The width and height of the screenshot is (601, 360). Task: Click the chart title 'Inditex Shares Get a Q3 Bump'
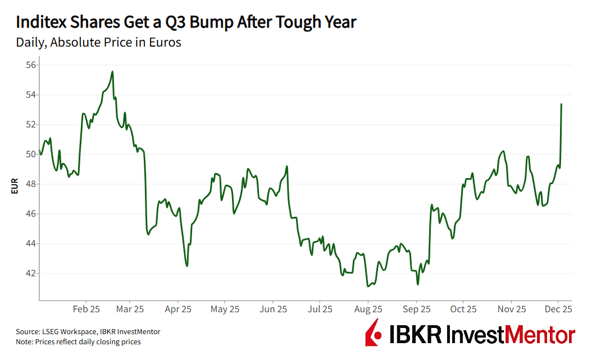click(x=186, y=22)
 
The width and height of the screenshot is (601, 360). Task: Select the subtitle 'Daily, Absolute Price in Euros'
click(x=98, y=42)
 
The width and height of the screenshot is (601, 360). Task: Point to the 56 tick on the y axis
click(x=31, y=65)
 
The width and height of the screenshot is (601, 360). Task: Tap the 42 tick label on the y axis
click(x=31, y=274)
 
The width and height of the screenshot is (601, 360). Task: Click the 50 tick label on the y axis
click(x=31, y=154)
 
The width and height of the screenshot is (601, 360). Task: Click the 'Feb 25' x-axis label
click(x=86, y=309)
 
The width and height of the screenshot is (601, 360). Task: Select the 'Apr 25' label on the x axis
click(x=179, y=309)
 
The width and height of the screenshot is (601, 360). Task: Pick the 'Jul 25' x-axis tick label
click(x=321, y=309)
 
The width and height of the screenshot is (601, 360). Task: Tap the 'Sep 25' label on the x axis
click(x=417, y=309)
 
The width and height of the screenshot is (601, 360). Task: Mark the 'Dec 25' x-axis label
click(x=558, y=309)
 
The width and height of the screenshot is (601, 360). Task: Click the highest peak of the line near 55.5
click(x=112, y=71)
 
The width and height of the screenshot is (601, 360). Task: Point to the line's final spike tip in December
click(x=562, y=104)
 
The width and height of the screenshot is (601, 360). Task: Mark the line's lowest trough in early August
click(x=367, y=286)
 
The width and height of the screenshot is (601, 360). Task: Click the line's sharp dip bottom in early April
click(x=186, y=266)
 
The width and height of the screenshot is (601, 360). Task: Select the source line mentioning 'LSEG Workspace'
click(x=88, y=332)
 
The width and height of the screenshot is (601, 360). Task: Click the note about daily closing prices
click(x=78, y=341)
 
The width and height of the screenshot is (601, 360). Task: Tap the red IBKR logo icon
click(x=373, y=333)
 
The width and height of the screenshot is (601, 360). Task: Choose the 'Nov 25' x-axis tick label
click(x=512, y=309)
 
